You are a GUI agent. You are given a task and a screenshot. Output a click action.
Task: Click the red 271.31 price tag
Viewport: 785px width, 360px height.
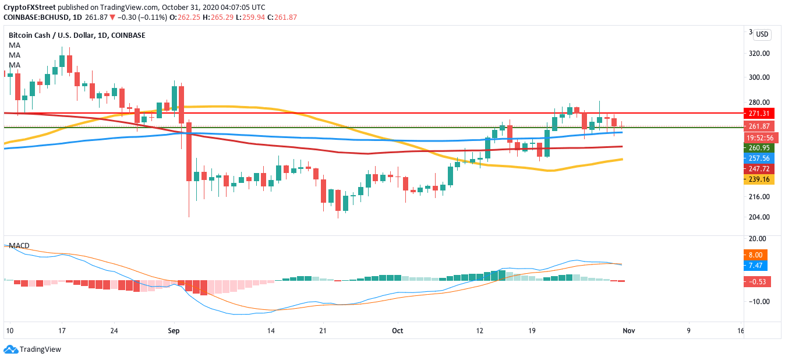click(x=759, y=113)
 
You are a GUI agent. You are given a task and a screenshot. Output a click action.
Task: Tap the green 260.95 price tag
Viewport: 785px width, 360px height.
click(x=759, y=148)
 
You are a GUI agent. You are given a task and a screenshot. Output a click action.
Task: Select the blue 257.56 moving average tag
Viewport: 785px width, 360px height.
click(x=759, y=158)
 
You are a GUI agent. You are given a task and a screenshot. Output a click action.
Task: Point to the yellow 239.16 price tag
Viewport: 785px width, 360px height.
click(x=759, y=180)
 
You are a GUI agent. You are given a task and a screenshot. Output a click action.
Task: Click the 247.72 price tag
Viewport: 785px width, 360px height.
click(x=759, y=169)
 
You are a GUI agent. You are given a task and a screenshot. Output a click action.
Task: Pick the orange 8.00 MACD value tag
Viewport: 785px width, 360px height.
click(x=756, y=255)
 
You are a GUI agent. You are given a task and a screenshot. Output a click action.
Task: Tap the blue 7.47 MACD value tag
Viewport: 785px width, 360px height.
click(x=756, y=266)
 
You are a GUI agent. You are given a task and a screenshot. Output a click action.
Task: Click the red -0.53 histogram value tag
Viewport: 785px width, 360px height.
click(x=758, y=282)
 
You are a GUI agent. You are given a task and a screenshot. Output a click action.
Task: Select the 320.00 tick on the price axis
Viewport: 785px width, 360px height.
click(x=759, y=54)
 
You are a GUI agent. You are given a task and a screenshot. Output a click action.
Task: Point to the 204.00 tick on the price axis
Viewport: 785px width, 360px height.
click(x=759, y=217)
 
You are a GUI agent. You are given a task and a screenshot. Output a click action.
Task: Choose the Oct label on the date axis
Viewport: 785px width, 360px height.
click(x=397, y=331)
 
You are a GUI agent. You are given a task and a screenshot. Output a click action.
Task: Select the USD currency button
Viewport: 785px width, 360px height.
click(x=762, y=34)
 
